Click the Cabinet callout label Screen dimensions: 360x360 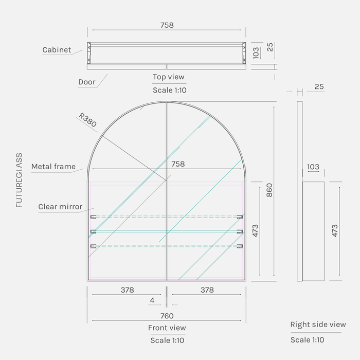[57, 50]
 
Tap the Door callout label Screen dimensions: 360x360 [86, 82]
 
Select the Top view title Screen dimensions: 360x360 [169, 77]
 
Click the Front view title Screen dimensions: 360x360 [167, 328]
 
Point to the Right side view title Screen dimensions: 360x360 [318, 325]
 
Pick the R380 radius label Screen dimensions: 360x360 [88, 120]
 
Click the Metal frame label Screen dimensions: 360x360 [53, 167]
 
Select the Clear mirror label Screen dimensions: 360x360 [60, 207]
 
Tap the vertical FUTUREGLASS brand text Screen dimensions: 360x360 [19, 180]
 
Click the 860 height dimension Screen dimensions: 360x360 [269, 190]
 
